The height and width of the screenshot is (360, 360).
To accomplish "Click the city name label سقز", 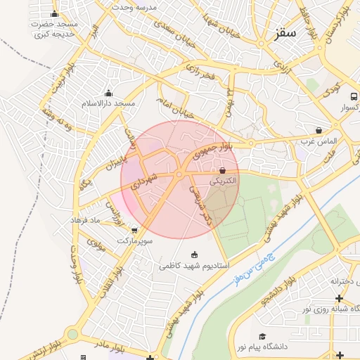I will pos(287,33).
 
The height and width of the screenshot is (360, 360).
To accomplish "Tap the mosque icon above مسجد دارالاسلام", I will pos(108,94).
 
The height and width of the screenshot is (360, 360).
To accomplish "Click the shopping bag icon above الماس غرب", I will pos(319,130).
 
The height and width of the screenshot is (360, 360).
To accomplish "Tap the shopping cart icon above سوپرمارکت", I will pos(134,230).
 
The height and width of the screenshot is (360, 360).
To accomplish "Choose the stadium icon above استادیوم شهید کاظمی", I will pos(195,255).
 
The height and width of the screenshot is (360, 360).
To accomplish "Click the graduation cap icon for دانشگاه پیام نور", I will pos(263,337).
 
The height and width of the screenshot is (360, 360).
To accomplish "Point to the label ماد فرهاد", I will pos(86,220).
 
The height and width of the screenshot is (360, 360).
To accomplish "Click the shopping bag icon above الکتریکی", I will pos(223,170).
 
